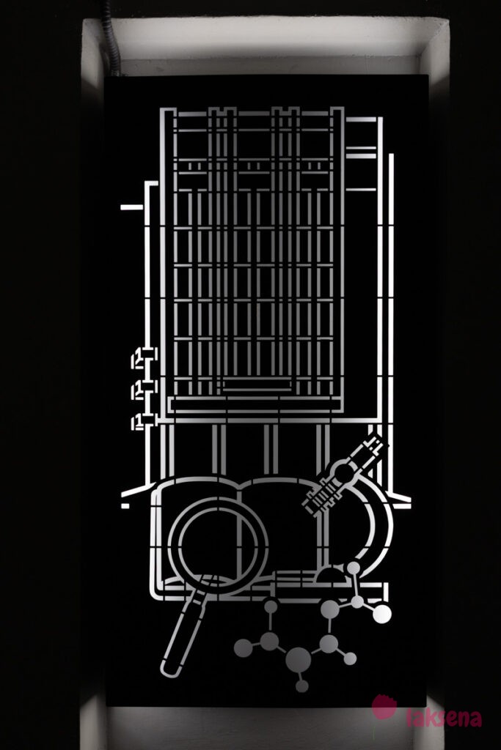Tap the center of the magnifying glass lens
tap(218, 540)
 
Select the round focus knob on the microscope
tap(342, 472)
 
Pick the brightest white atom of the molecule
tap(381, 614)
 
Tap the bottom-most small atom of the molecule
tap(301, 686)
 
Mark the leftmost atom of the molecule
tap(243, 647)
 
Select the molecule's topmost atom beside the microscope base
tap(354, 568)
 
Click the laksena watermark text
tap(443, 717)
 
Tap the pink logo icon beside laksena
tap(384, 708)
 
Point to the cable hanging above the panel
tap(111, 37)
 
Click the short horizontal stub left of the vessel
tap(132, 207)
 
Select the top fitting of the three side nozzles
tap(142, 359)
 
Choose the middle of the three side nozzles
tap(142, 390)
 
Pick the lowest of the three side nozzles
tap(142, 421)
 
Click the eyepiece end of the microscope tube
tap(374, 442)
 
